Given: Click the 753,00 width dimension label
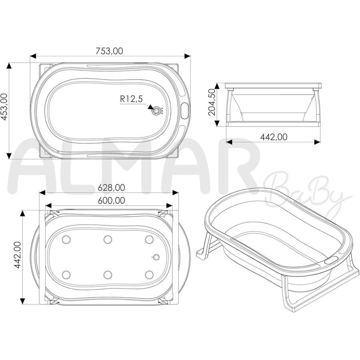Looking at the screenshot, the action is coord(109,51).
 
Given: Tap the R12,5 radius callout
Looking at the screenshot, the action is coord(131,99).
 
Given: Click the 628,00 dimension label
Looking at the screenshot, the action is coord(111,188).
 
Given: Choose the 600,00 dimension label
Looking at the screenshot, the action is coord(111,200).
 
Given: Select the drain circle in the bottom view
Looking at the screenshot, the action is coord(156,257).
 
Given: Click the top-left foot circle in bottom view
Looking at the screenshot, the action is coord(66,240).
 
